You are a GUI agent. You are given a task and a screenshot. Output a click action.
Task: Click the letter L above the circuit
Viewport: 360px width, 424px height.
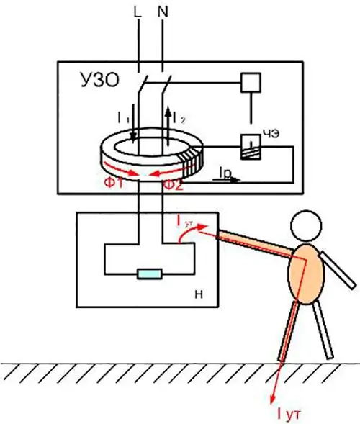[x=138, y=12]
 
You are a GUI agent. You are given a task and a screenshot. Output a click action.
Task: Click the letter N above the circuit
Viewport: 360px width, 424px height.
[x=163, y=12]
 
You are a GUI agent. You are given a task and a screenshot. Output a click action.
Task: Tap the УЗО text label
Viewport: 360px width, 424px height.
[x=100, y=80]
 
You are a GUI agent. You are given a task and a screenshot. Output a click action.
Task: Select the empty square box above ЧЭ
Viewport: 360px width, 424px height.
[x=251, y=83]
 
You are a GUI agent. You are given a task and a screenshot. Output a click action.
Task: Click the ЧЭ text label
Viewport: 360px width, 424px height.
[x=271, y=134]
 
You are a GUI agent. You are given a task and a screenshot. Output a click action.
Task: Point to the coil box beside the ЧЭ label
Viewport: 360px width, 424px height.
[x=251, y=147]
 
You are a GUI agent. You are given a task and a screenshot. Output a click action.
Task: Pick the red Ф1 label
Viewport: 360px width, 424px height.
[x=114, y=184]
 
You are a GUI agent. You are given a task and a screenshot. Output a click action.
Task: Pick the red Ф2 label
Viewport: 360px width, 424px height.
[x=173, y=185]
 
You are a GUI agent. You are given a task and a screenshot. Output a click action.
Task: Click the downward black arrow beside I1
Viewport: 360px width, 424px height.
[x=133, y=122]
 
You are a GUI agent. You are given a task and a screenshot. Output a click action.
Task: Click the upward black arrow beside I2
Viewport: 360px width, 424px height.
[x=168, y=125]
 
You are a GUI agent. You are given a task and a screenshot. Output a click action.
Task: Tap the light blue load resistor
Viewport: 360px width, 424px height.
[x=150, y=274]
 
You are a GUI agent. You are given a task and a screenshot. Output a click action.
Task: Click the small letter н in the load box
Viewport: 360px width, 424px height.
[x=199, y=294]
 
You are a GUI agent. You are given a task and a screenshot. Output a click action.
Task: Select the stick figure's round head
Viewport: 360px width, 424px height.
[x=306, y=226]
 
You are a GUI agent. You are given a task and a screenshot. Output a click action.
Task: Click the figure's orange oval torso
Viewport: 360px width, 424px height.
[x=306, y=274]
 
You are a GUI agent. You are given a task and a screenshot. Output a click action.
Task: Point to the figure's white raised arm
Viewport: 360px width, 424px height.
[x=338, y=270]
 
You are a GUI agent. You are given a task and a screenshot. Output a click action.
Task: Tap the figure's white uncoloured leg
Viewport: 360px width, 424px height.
[x=322, y=330]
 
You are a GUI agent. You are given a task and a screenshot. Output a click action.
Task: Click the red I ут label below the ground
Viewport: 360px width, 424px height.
[x=289, y=414]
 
